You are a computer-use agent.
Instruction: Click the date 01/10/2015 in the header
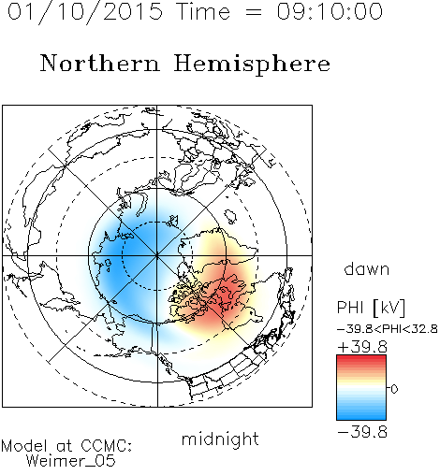85,12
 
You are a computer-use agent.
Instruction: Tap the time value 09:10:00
330,11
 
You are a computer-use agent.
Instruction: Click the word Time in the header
203,11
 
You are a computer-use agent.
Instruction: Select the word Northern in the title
99,63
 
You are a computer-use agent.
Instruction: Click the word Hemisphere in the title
252,65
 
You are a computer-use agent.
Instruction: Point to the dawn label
367,268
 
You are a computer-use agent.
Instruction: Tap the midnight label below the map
220,439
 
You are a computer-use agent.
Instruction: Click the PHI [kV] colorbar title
371,308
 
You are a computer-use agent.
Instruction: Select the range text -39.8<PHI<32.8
388,329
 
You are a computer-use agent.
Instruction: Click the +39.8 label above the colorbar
362,347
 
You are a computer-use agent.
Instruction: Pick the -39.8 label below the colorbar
362,432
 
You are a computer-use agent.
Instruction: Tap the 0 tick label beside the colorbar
394,389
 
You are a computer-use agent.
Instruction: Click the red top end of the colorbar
361,357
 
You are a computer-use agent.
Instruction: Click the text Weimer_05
71,461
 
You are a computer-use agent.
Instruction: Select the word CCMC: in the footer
107,446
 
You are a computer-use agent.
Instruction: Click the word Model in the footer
24,446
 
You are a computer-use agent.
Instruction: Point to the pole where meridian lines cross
157,255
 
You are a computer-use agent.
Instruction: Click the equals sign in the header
254,12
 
